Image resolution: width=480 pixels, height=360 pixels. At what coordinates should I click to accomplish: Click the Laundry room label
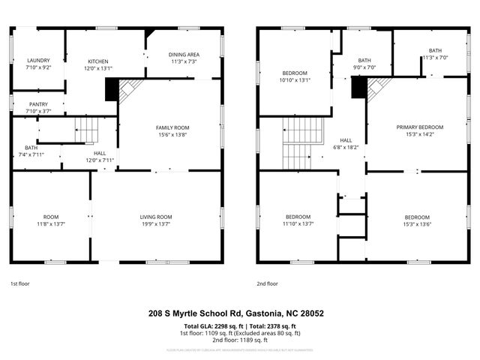click(37, 60)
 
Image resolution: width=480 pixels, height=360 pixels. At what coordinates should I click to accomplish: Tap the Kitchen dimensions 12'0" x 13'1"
click(99, 67)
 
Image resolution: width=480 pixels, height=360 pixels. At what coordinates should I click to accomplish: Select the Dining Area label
click(183, 55)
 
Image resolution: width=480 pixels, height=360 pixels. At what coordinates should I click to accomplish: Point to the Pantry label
click(37, 104)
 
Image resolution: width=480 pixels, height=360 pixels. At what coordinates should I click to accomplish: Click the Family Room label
click(172, 127)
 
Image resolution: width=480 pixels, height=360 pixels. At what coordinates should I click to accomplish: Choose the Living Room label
click(156, 217)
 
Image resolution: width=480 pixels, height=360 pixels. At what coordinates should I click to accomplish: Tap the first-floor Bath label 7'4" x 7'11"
click(30, 148)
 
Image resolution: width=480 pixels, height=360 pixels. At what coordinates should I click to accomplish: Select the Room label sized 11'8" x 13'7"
click(51, 217)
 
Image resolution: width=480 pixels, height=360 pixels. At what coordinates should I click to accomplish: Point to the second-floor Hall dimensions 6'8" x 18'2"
click(346, 148)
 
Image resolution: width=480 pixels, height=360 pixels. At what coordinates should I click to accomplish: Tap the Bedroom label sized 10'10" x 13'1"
click(274, 73)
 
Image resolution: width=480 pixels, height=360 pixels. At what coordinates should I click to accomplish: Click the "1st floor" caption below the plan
click(19, 284)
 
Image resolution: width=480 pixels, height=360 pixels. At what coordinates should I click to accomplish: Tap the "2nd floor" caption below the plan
click(267, 284)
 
